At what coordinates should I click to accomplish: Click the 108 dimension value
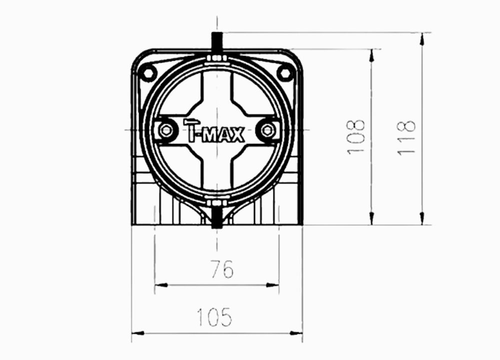click(355, 137)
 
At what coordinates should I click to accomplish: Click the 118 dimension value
click(406, 137)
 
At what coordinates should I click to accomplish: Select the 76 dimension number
click(222, 269)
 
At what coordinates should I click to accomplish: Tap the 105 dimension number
click(214, 317)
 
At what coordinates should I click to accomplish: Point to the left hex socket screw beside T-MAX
click(166, 130)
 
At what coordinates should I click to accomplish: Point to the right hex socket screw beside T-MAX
click(268, 130)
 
